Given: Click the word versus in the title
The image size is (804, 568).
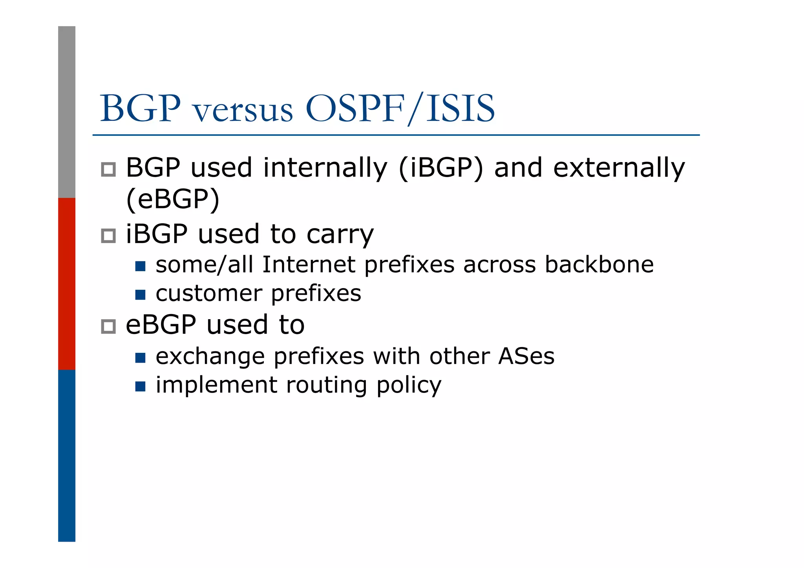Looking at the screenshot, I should tap(243, 110).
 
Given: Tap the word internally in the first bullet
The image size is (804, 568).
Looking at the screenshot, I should tap(325, 168).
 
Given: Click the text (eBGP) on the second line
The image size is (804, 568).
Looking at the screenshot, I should tap(173, 199).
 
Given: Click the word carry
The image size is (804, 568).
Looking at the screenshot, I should tap(340, 235).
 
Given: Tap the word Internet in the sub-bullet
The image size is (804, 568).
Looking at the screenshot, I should tap(309, 265).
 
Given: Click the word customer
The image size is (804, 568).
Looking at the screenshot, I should tap(209, 294).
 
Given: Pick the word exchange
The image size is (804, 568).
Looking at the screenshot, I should tap(210, 357).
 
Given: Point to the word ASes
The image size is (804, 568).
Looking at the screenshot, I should tap(526, 356).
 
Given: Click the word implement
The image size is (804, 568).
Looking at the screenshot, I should tap(216, 385).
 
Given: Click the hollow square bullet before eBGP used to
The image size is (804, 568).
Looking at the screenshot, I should tap(108, 326).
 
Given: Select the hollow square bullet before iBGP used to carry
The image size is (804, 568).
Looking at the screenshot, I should tap(108, 236).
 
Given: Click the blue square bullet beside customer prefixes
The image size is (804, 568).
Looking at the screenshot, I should tap(140, 294).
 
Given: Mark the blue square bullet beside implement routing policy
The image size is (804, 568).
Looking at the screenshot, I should tap(140, 386).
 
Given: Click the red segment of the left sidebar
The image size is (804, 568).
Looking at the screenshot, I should tap(67, 283).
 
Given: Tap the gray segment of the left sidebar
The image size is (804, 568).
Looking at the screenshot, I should tap(67, 112).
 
